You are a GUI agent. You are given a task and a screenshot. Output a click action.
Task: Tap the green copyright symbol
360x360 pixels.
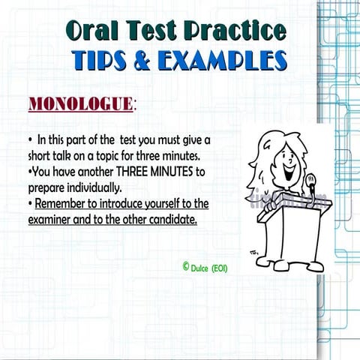coord(184,265)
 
